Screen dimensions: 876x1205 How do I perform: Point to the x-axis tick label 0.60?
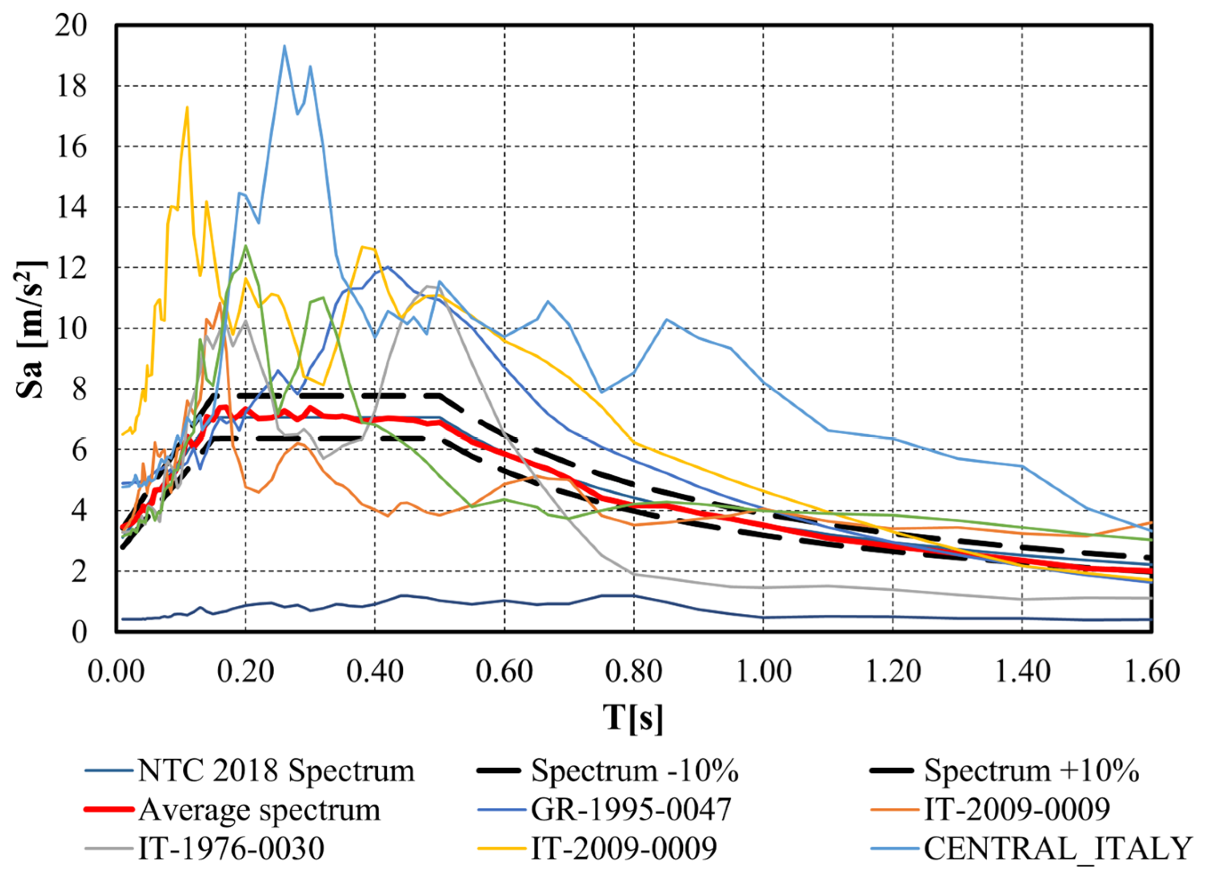(504, 672)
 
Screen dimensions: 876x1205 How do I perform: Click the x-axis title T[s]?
(633, 718)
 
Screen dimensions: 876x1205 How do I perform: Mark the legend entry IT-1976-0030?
(231, 848)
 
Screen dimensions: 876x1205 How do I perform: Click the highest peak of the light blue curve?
(284, 46)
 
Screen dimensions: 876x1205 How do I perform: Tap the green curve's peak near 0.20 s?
(245, 245)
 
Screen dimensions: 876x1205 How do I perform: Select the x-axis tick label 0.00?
(116, 672)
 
